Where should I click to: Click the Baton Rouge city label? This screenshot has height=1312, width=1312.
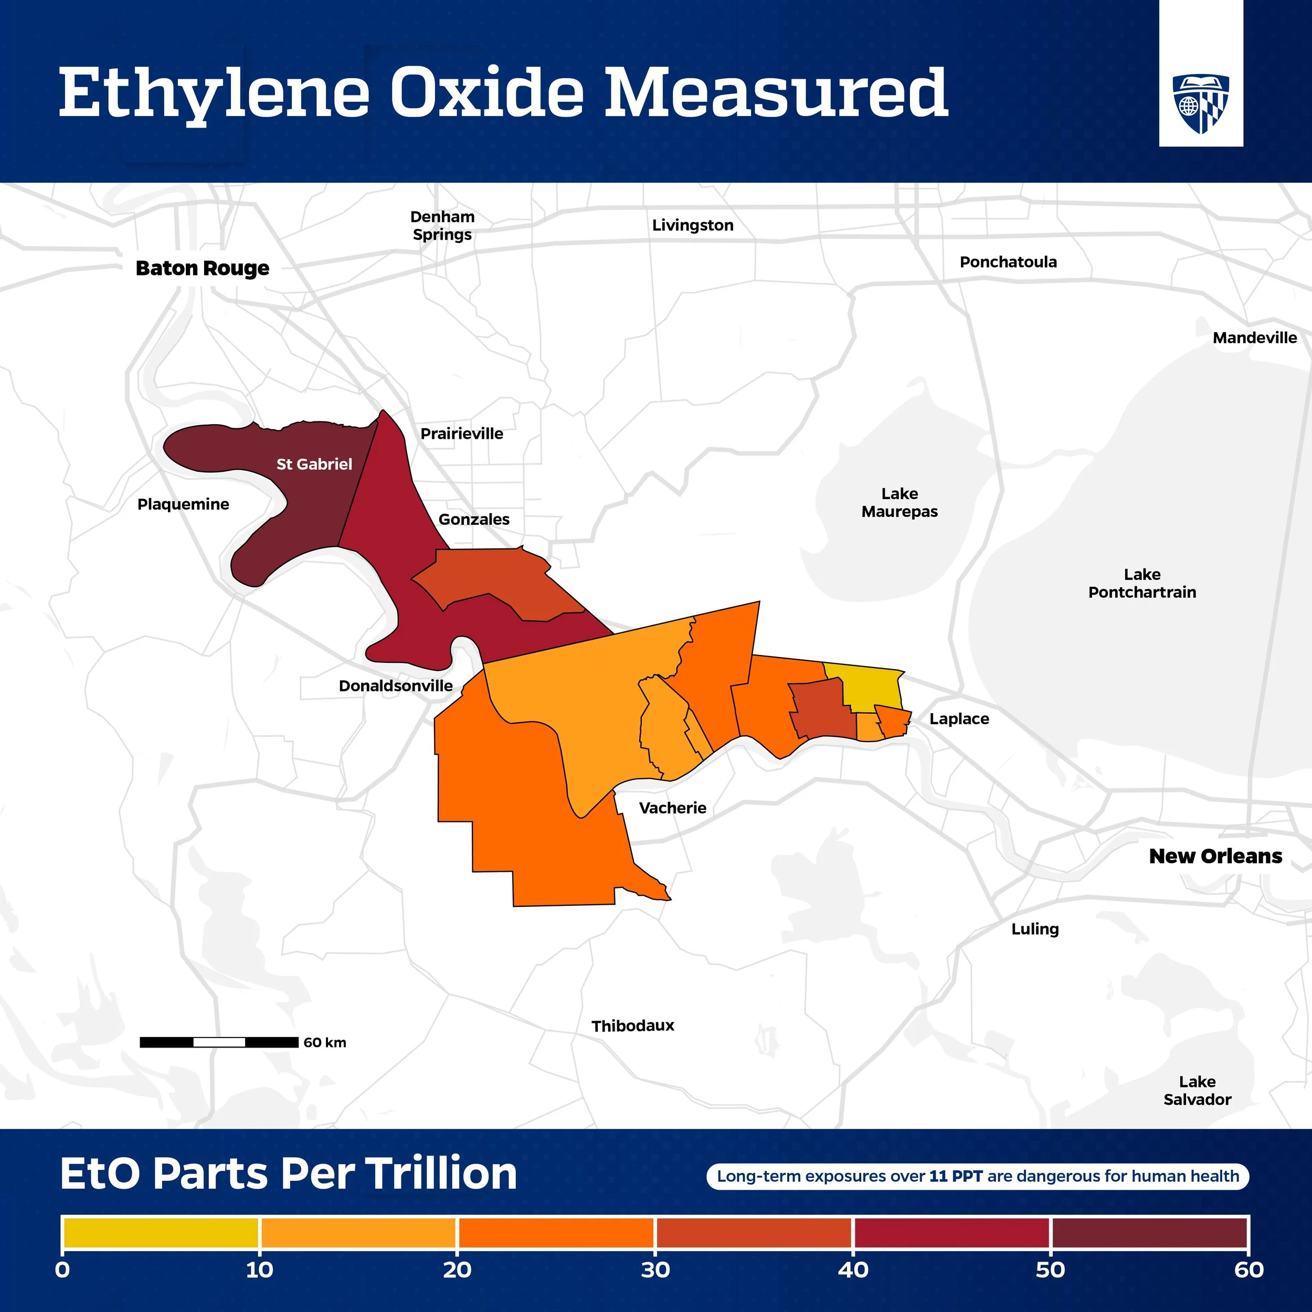[x=203, y=268]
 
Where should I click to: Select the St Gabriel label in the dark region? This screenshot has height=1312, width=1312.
[x=314, y=464]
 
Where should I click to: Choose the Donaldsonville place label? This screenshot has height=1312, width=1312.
[x=395, y=686]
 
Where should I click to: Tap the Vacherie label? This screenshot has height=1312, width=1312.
[x=672, y=808]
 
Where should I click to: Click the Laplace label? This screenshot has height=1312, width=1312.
[x=958, y=718]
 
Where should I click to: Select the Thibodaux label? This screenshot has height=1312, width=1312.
[x=632, y=1025]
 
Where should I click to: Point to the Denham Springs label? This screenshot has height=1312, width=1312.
[x=442, y=226]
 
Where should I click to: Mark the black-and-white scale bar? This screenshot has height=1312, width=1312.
[x=219, y=1042]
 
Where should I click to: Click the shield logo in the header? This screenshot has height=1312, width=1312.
[x=1201, y=103]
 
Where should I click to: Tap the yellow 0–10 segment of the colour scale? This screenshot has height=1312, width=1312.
[x=160, y=1233]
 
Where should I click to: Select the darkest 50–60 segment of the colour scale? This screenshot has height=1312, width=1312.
[x=1149, y=1233]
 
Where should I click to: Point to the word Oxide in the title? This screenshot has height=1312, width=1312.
[x=487, y=92]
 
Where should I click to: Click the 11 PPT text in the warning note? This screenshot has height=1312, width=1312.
[x=956, y=1176]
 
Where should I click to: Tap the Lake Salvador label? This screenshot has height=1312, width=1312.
[x=1197, y=1090]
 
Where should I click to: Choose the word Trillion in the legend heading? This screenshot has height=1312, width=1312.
[x=441, y=1173]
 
